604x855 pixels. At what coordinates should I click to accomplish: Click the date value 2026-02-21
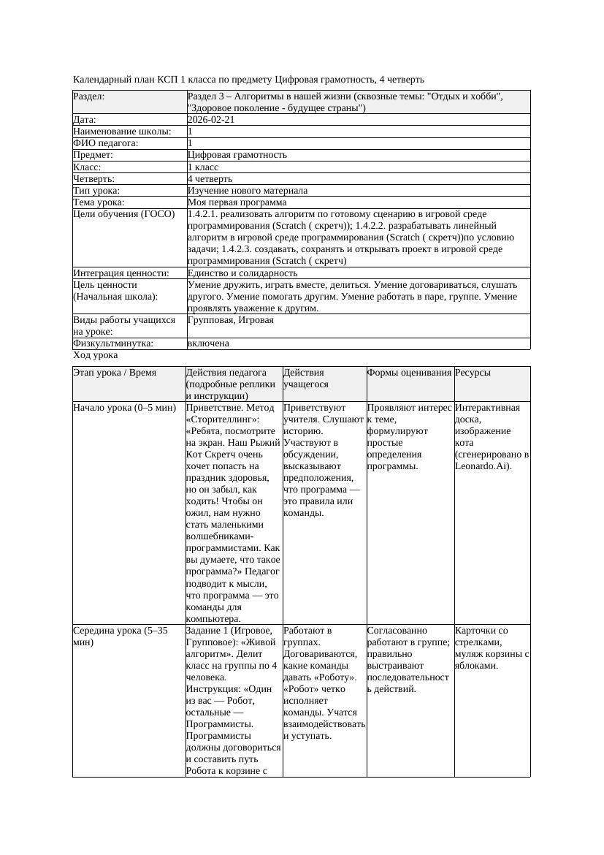point(211,120)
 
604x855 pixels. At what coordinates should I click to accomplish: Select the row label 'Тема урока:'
point(99,202)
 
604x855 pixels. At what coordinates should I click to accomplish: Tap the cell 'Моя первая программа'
point(237,202)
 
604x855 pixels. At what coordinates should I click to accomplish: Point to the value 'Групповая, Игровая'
point(231,320)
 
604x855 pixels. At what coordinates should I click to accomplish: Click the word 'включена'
point(208,343)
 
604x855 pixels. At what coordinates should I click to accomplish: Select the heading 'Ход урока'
point(96,355)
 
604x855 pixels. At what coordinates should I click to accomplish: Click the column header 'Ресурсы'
point(473,373)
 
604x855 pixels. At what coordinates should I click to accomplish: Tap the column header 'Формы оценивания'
point(410,373)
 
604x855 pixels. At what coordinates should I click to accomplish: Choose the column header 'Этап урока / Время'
point(115,373)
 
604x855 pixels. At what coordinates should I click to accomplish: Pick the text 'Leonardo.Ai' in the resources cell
point(481,466)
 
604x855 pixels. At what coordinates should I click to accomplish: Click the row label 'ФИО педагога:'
point(106,143)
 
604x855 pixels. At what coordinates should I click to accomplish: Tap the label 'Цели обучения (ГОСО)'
point(124,214)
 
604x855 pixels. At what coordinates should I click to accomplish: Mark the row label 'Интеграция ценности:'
point(121,273)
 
